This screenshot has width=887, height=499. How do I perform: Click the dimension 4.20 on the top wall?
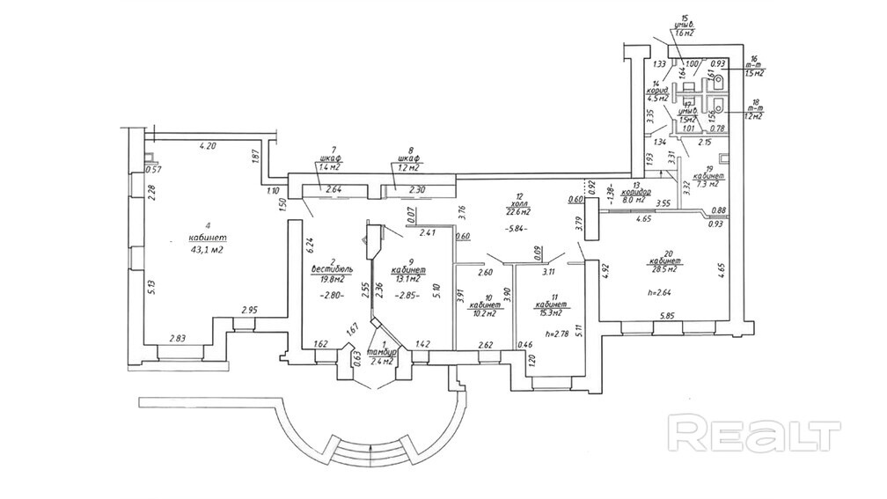[208, 146]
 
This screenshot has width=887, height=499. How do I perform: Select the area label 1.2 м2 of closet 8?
[406, 166]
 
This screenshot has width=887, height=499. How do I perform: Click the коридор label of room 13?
[635, 192]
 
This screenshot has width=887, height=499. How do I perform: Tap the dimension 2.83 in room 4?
[178, 338]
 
